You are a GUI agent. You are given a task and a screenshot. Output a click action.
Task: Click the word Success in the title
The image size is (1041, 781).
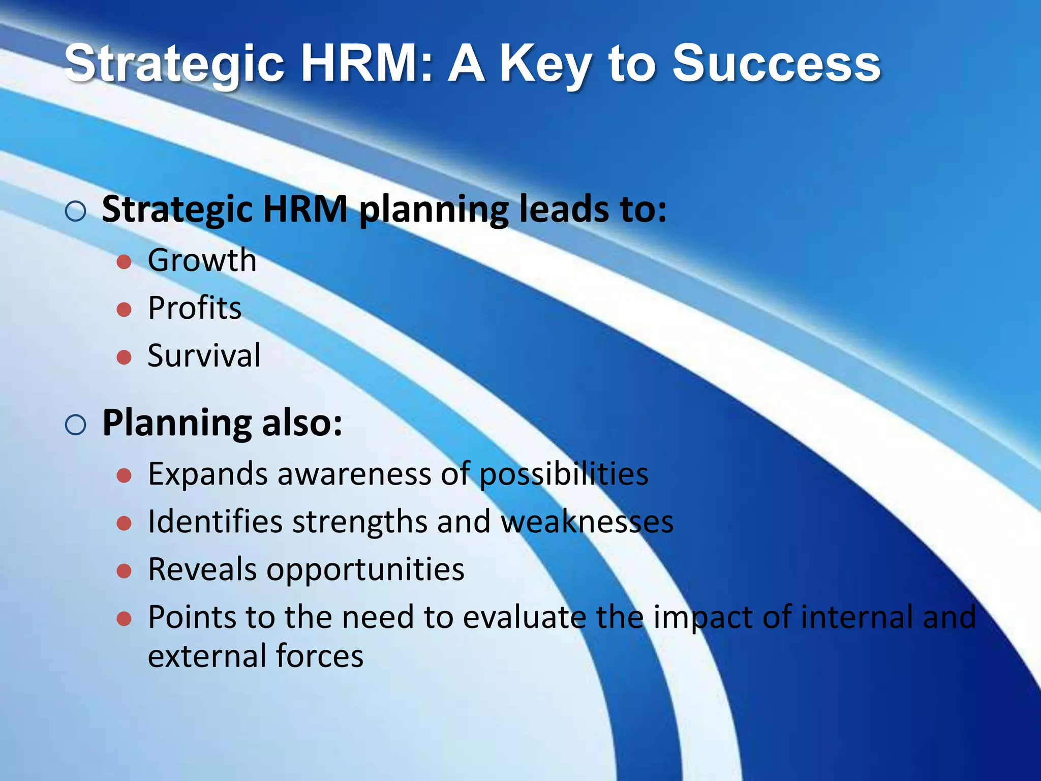(x=776, y=64)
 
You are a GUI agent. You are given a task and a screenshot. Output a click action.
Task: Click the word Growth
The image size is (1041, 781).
(x=202, y=260)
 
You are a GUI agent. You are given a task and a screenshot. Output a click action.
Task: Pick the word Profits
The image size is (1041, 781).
(x=195, y=308)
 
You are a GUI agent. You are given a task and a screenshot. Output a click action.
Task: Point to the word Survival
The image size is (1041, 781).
(x=204, y=355)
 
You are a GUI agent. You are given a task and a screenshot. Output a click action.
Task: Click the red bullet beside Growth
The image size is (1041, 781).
(x=124, y=262)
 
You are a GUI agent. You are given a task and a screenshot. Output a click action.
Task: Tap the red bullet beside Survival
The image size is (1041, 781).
(x=124, y=357)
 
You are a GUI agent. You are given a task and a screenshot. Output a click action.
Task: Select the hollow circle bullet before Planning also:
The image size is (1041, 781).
(x=76, y=425)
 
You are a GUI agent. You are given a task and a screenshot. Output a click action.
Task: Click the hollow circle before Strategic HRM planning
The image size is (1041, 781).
(x=76, y=211)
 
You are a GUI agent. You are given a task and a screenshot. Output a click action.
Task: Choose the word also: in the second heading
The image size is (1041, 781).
(x=302, y=423)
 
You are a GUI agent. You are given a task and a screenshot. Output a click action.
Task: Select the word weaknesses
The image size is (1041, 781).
(x=587, y=522)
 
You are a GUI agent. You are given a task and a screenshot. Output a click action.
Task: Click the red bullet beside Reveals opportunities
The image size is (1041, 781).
(x=124, y=571)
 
